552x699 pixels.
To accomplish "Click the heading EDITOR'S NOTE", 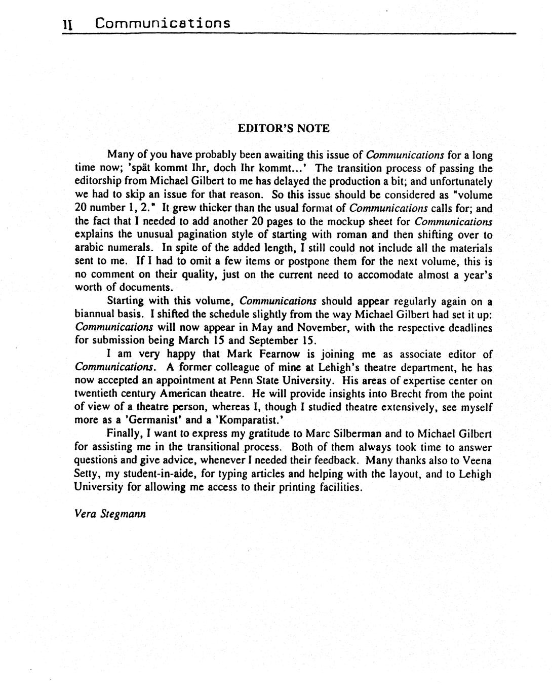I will [284, 128].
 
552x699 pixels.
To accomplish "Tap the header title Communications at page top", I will [163, 23].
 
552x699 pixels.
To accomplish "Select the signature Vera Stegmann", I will [110, 514].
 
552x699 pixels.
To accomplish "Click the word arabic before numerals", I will [89, 248].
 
